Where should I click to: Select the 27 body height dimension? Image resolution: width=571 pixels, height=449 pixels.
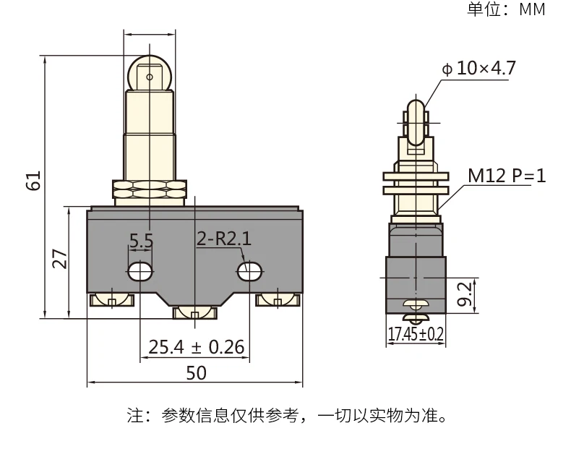tap(61, 258)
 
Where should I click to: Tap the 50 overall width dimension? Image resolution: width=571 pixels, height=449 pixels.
tap(196, 373)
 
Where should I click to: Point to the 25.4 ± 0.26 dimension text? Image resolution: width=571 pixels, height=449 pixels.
tap(196, 348)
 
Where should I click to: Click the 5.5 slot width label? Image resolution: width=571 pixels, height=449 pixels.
tap(142, 240)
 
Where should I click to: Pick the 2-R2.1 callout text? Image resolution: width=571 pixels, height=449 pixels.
tap(224, 239)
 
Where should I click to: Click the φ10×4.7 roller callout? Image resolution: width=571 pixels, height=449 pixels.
tap(478, 69)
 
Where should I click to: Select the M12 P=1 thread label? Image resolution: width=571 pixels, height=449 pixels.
tap(506, 176)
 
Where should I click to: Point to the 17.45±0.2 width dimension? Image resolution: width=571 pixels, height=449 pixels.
tap(416, 334)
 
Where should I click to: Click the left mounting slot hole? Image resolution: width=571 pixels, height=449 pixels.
tap(140, 271)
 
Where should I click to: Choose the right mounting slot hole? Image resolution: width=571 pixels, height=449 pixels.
tap(249, 270)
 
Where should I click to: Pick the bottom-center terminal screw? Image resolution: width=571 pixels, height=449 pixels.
tap(195, 312)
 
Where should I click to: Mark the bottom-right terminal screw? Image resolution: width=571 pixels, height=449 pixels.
tap(278, 299)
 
